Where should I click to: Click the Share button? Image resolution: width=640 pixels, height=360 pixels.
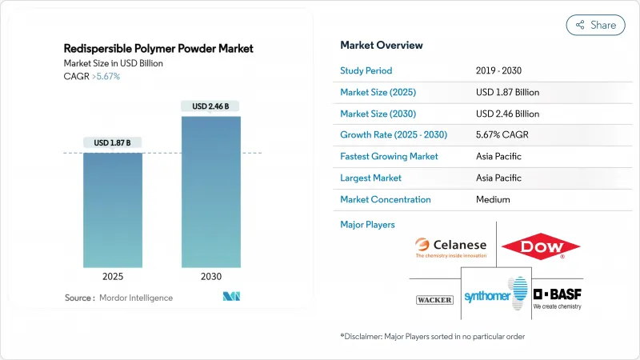595,25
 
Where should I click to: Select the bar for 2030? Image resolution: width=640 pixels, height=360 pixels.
210,192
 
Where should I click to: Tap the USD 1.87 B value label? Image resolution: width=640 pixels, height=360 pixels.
112,143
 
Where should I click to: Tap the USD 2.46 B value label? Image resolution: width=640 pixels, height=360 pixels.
210,106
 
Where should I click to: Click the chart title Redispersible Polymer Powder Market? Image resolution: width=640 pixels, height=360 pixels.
158,49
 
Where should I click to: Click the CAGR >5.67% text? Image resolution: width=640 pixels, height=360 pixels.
91,77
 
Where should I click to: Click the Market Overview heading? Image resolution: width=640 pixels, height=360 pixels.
382,45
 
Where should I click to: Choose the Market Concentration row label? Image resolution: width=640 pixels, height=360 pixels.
385,199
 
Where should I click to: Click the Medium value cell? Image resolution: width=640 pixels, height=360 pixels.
493,199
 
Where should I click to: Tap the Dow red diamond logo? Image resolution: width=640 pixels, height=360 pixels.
541,246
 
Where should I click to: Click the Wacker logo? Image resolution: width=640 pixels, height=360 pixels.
434,300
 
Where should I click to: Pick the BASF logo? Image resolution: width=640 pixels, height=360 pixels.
558,297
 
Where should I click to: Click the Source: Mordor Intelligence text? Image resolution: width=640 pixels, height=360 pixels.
118,298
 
